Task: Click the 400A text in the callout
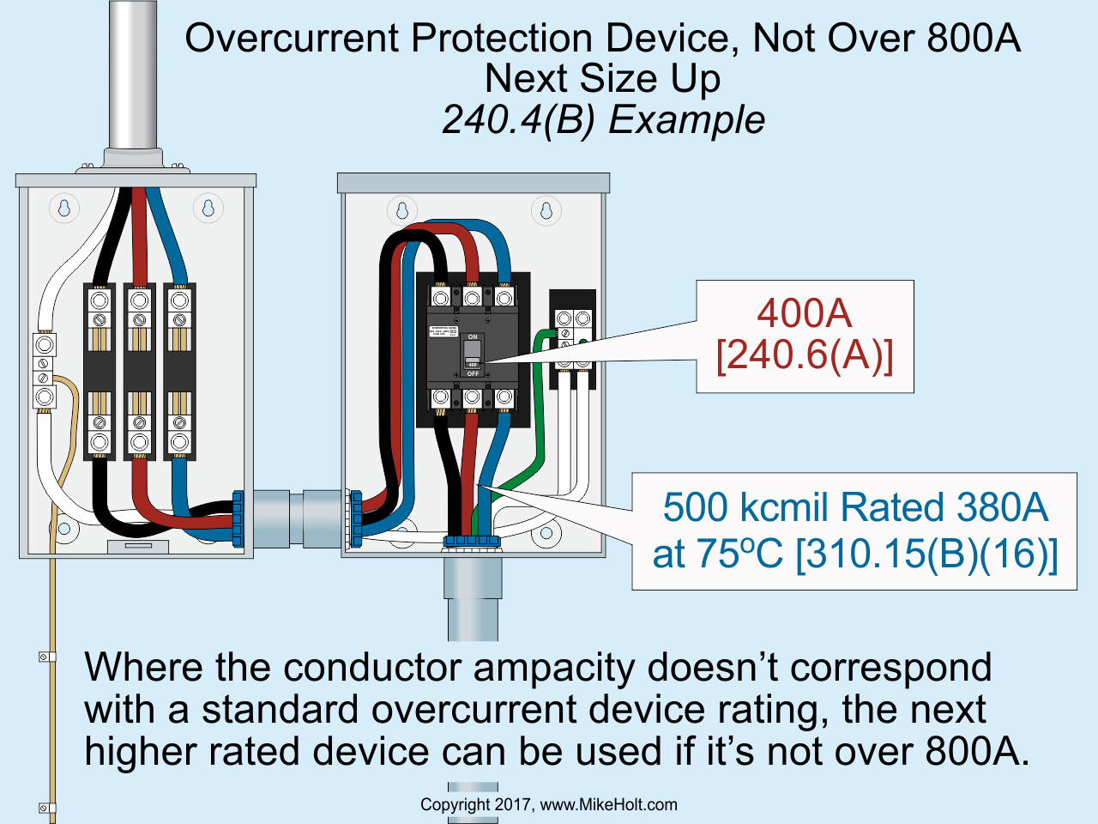tap(804, 313)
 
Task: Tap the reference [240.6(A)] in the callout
tap(804, 355)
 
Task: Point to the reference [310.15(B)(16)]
tap(926, 554)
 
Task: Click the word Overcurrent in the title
tap(292, 39)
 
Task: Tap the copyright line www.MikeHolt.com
tap(608, 805)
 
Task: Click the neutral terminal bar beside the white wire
tap(44, 371)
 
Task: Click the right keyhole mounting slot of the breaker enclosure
tap(546, 209)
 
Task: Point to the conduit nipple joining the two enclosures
tap(292, 518)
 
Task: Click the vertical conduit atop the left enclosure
tap(133, 77)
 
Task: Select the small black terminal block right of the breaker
tap(572, 340)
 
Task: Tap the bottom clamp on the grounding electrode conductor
tap(44, 808)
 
